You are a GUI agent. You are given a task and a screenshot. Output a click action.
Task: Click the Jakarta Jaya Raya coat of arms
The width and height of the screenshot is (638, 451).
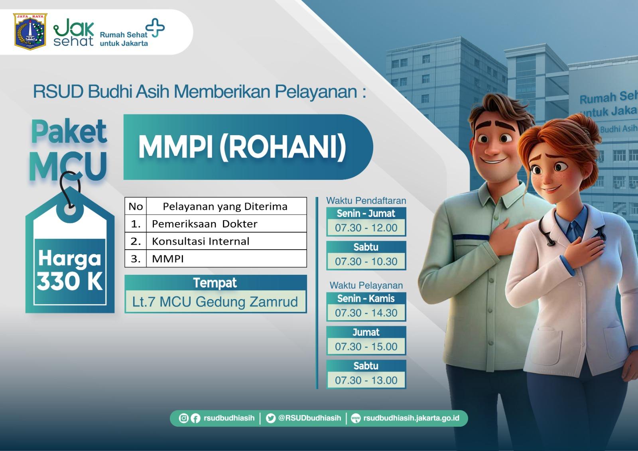pos(30,32)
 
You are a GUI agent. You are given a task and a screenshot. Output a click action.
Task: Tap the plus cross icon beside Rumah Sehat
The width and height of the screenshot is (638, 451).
pos(155,28)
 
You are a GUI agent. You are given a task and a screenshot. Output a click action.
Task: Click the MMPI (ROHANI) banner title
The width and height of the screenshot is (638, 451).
pos(242,147)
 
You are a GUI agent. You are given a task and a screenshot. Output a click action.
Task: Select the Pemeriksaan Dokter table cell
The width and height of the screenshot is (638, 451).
pos(226,224)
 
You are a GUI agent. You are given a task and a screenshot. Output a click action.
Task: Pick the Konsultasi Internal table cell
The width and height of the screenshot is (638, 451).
pos(226,241)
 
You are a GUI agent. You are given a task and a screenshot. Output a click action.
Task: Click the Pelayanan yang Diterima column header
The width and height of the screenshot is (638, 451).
pos(225,206)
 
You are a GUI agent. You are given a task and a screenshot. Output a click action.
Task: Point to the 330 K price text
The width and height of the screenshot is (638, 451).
pos(70,282)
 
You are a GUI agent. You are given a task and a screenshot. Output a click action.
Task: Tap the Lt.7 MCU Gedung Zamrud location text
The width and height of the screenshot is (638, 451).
pos(215,302)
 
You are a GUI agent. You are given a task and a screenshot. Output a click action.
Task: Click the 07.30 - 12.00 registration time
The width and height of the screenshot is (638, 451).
pos(366,228)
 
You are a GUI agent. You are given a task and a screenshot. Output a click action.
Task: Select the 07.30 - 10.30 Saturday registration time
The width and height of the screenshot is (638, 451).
pos(366,261)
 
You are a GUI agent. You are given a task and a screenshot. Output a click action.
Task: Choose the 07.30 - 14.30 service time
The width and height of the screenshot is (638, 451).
pos(366,313)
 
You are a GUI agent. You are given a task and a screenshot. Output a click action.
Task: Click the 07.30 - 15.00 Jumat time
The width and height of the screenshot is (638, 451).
pos(366,347)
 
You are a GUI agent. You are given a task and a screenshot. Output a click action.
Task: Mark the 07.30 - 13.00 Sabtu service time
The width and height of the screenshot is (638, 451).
pos(366,380)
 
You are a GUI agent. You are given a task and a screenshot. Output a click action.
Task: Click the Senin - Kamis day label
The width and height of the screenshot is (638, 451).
pos(366,298)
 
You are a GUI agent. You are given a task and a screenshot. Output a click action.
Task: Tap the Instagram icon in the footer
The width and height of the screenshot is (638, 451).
pos(183,418)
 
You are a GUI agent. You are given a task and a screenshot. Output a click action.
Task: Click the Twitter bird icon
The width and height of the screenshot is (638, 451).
pos(271,418)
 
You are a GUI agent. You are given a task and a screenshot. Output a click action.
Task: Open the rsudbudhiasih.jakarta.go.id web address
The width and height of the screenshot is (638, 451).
pos(411,418)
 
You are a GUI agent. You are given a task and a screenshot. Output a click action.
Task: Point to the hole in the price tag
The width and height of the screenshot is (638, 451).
pos(70,211)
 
